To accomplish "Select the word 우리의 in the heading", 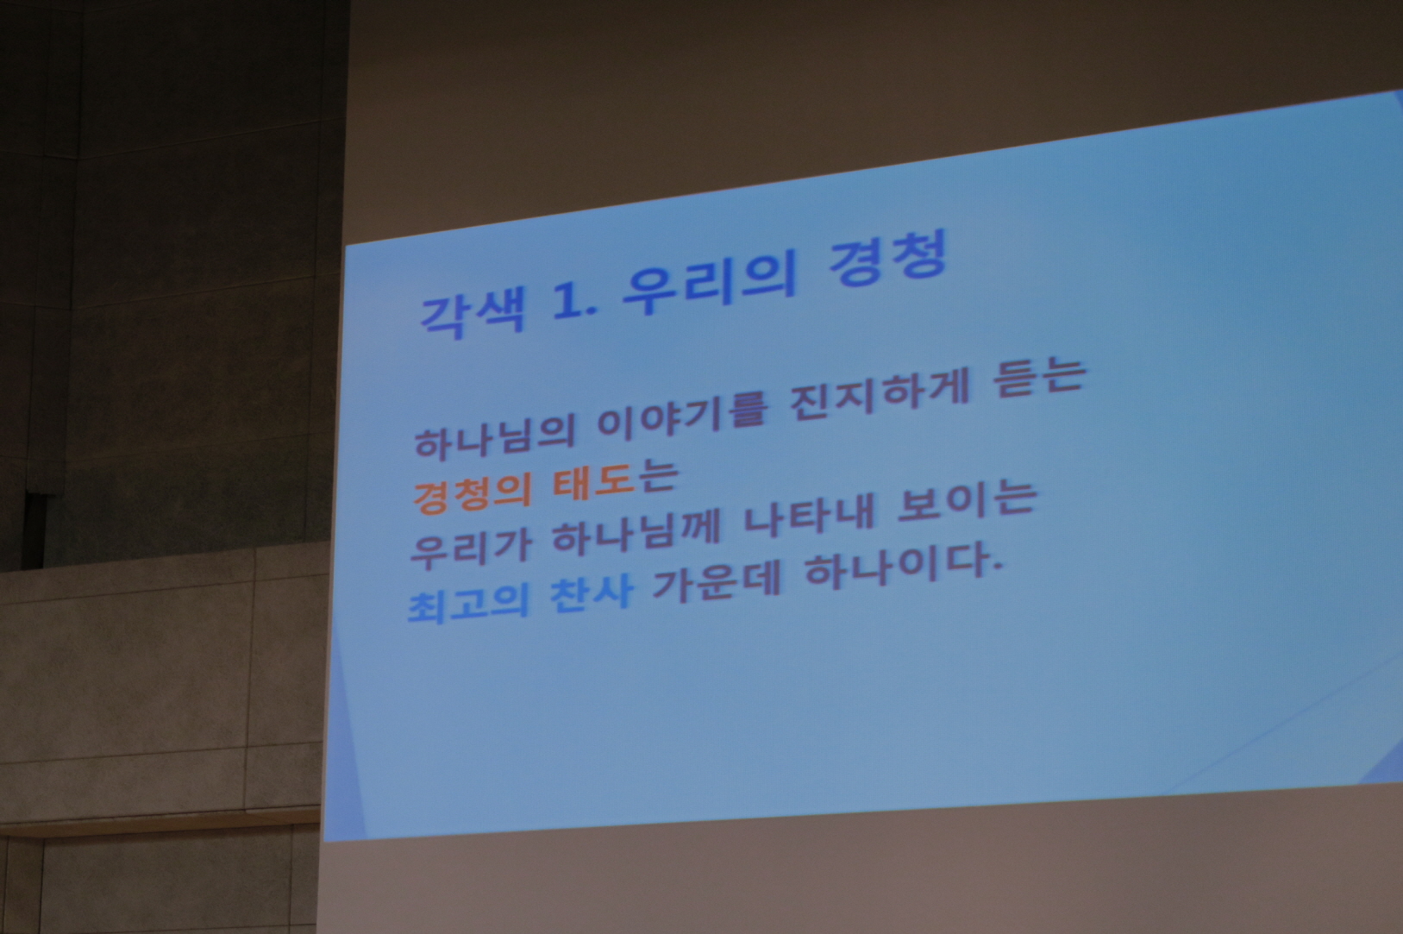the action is point(709,285).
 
